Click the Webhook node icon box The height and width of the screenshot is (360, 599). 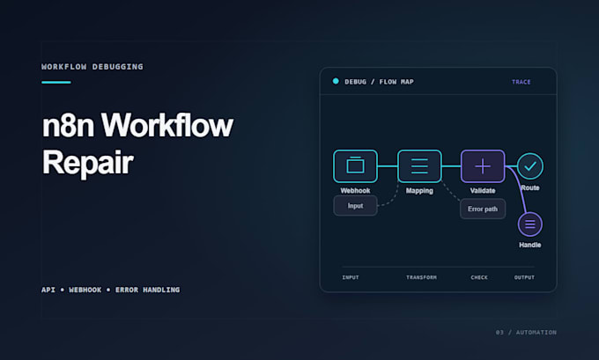(355, 166)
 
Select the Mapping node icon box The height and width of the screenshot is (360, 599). (419, 166)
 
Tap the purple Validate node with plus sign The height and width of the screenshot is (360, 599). (483, 166)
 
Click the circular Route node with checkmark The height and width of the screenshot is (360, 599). (530, 166)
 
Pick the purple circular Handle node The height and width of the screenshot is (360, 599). (530, 224)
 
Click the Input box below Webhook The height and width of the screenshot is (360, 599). (355, 206)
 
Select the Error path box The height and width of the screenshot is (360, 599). (483, 209)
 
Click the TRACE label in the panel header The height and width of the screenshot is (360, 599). (521, 82)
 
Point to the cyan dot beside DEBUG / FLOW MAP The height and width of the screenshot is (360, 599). (336, 81)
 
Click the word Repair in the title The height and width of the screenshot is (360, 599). (88, 163)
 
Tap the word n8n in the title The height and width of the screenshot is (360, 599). (68, 126)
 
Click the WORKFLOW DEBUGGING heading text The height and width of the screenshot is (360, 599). (92, 67)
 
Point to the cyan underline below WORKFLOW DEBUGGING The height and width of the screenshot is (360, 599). (56, 82)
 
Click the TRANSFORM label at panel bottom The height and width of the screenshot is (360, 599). (421, 277)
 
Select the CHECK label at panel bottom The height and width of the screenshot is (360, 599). (479, 277)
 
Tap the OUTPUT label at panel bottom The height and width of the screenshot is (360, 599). (524, 277)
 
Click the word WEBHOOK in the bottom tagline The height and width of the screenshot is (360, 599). (85, 290)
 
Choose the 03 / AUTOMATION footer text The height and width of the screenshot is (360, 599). (526, 333)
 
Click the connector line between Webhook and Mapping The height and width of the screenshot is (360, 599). (388, 166)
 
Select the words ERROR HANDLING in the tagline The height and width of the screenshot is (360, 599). (147, 290)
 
